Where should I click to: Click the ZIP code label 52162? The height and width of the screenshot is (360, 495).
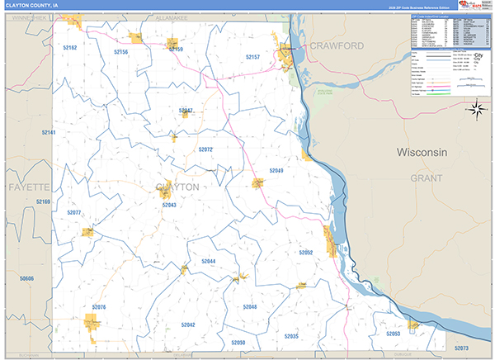(x=69, y=48)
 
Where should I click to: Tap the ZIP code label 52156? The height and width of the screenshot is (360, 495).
(x=120, y=51)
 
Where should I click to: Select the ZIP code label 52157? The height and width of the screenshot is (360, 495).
(x=252, y=56)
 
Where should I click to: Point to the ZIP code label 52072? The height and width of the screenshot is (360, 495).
(x=205, y=149)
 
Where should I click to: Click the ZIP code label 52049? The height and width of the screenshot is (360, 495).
(x=276, y=170)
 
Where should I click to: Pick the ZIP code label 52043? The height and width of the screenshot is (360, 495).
(x=169, y=205)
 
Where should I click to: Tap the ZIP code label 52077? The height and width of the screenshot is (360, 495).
(x=74, y=212)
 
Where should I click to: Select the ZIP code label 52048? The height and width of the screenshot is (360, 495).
(x=250, y=306)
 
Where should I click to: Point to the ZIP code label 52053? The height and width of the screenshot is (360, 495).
(x=393, y=334)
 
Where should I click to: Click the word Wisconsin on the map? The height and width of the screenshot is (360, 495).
(x=422, y=153)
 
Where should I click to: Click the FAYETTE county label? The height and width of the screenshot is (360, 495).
(x=30, y=188)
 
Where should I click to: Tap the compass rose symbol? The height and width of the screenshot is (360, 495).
(x=476, y=108)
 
